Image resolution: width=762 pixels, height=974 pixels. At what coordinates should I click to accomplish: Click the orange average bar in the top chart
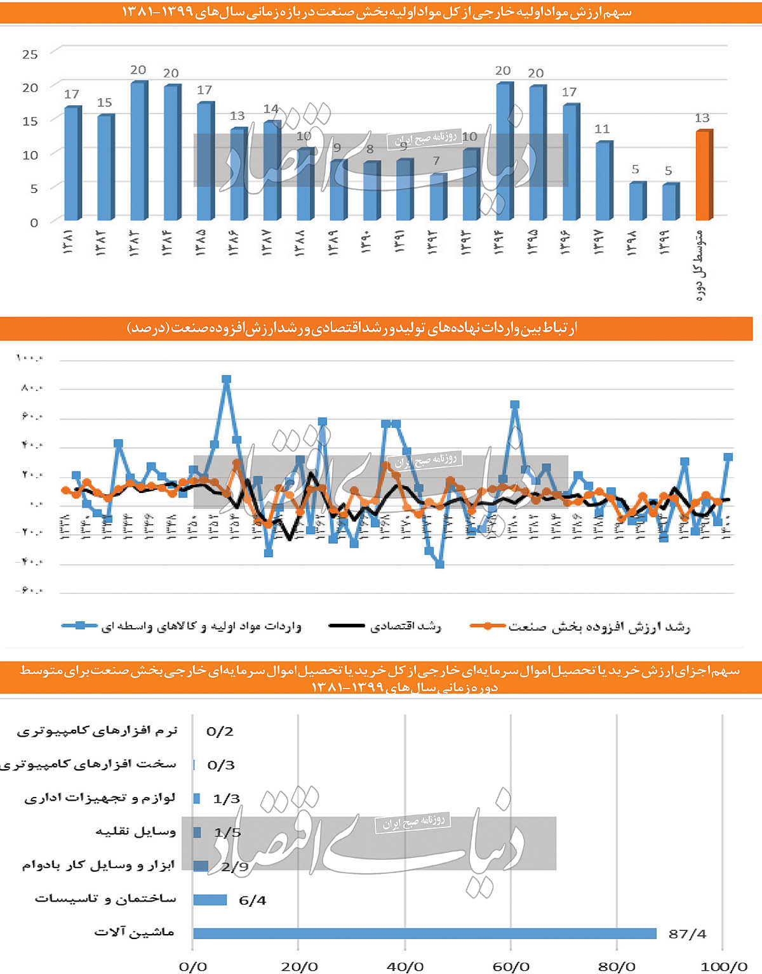click(704, 176)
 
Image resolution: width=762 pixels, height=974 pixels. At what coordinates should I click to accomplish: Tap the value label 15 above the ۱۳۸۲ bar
click(104, 103)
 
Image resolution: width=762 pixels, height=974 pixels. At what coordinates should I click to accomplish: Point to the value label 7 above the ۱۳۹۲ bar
click(436, 161)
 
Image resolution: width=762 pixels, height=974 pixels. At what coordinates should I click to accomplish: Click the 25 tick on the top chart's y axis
click(30, 55)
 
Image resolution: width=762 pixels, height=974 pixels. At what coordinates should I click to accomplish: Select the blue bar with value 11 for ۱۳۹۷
click(603, 181)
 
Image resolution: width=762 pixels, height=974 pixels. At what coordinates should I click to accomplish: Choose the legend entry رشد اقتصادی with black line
click(385, 626)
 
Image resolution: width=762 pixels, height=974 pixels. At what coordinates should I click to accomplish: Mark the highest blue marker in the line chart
click(226, 379)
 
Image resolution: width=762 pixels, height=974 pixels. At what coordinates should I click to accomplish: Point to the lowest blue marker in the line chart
click(439, 564)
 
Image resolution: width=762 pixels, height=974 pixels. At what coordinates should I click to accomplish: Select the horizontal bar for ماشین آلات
click(424, 933)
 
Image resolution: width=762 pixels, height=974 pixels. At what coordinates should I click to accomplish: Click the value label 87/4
click(687, 934)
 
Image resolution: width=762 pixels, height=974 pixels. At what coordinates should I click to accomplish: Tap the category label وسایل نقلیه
click(135, 832)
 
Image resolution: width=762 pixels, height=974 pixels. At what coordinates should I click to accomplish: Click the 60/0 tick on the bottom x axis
click(511, 966)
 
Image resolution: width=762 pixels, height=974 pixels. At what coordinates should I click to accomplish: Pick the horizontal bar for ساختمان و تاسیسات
click(210, 900)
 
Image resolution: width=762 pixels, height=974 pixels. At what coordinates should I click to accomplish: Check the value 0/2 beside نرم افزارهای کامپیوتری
click(220, 732)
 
